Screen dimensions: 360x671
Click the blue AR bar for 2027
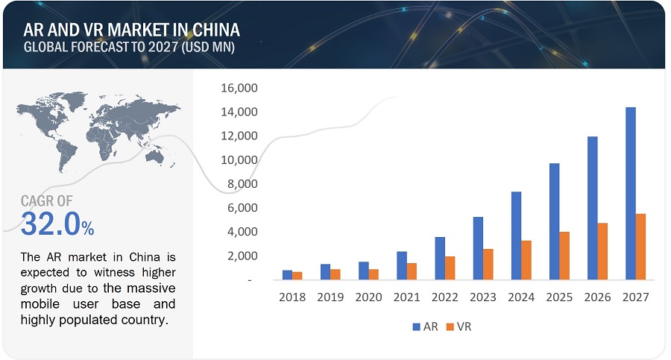(x=631, y=194)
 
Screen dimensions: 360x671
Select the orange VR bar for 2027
(x=640, y=247)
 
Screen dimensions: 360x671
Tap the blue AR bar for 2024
(x=516, y=236)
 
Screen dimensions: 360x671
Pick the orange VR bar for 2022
(x=450, y=268)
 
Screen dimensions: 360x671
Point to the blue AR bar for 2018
(x=287, y=275)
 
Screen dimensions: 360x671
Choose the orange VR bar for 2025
(x=564, y=256)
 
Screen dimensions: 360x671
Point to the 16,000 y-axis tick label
(x=239, y=88)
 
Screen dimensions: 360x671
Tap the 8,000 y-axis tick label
(x=242, y=184)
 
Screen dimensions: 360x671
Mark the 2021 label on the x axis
(x=406, y=297)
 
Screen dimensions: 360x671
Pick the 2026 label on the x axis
(x=597, y=297)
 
